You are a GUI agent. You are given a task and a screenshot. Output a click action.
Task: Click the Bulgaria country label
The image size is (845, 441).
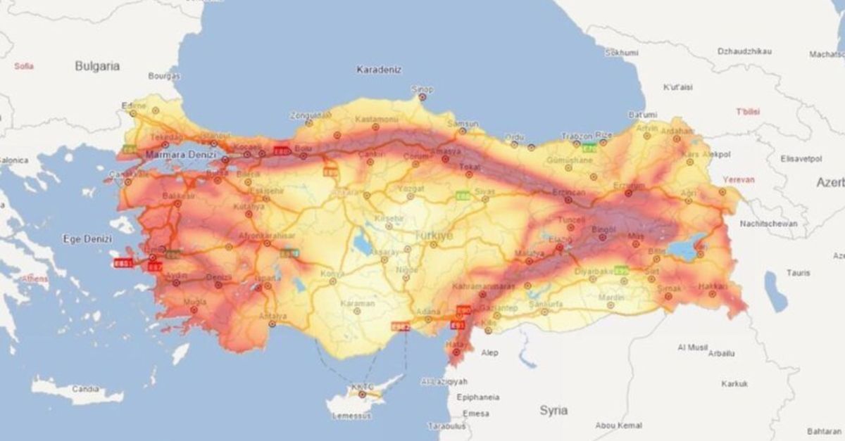[x=97, y=66]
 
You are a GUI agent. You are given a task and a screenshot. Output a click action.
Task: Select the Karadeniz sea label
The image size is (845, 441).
[x=378, y=70]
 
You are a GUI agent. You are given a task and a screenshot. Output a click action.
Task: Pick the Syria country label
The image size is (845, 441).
[x=553, y=409]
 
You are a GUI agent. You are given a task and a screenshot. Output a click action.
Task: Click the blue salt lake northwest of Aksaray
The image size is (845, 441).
[x=364, y=243]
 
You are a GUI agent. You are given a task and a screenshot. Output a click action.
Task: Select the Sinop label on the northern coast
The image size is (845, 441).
[x=423, y=89]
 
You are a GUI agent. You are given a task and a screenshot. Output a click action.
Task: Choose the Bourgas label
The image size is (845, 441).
[x=163, y=75]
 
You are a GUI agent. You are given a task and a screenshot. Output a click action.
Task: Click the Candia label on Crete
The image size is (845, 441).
[x=87, y=388]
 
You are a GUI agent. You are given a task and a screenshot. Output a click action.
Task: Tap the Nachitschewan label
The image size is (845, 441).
[x=768, y=224]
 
